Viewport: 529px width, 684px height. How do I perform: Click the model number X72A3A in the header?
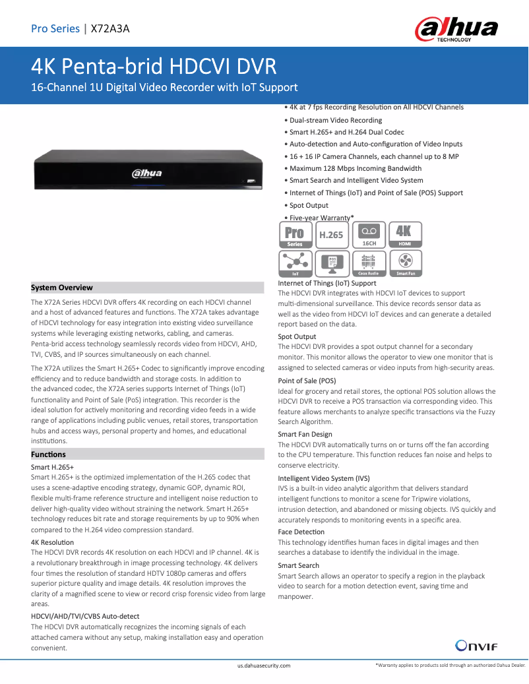tap(110, 28)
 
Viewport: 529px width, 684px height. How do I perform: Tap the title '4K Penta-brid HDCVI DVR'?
tap(154, 67)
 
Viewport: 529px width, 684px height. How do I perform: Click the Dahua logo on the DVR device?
tap(146, 173)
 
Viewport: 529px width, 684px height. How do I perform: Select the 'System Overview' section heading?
tap(62, 288)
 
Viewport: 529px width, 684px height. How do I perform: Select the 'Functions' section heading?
tap(48, 454)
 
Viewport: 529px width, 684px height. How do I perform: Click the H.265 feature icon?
tap(331, 235)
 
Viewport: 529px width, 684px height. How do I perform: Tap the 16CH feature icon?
tap(369, 235)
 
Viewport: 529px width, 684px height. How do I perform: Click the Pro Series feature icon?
tap(295, 235)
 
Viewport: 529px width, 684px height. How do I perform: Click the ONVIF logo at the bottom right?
tap(473, 645)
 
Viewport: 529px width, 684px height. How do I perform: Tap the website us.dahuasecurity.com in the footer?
tap(264, 666)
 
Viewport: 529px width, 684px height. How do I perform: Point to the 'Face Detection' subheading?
tap(301, 532)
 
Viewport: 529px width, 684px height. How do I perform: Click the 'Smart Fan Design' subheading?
tap(305, 434)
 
